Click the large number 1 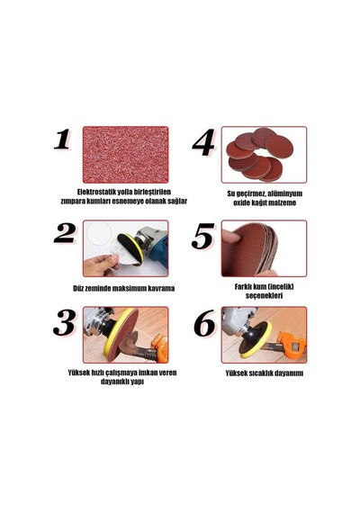(62, 139)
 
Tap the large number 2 (65, 232)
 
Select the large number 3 (65, 322)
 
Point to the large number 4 (203, 142)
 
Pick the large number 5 (202, 236)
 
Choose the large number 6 (204, 323)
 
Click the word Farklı (244, 287)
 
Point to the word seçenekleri (264, 296)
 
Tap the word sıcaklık (262, 373)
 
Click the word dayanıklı (115, 382)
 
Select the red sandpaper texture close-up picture (126, 155)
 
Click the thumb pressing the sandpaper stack (230, 236)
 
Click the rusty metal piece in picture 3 (134, 346)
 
